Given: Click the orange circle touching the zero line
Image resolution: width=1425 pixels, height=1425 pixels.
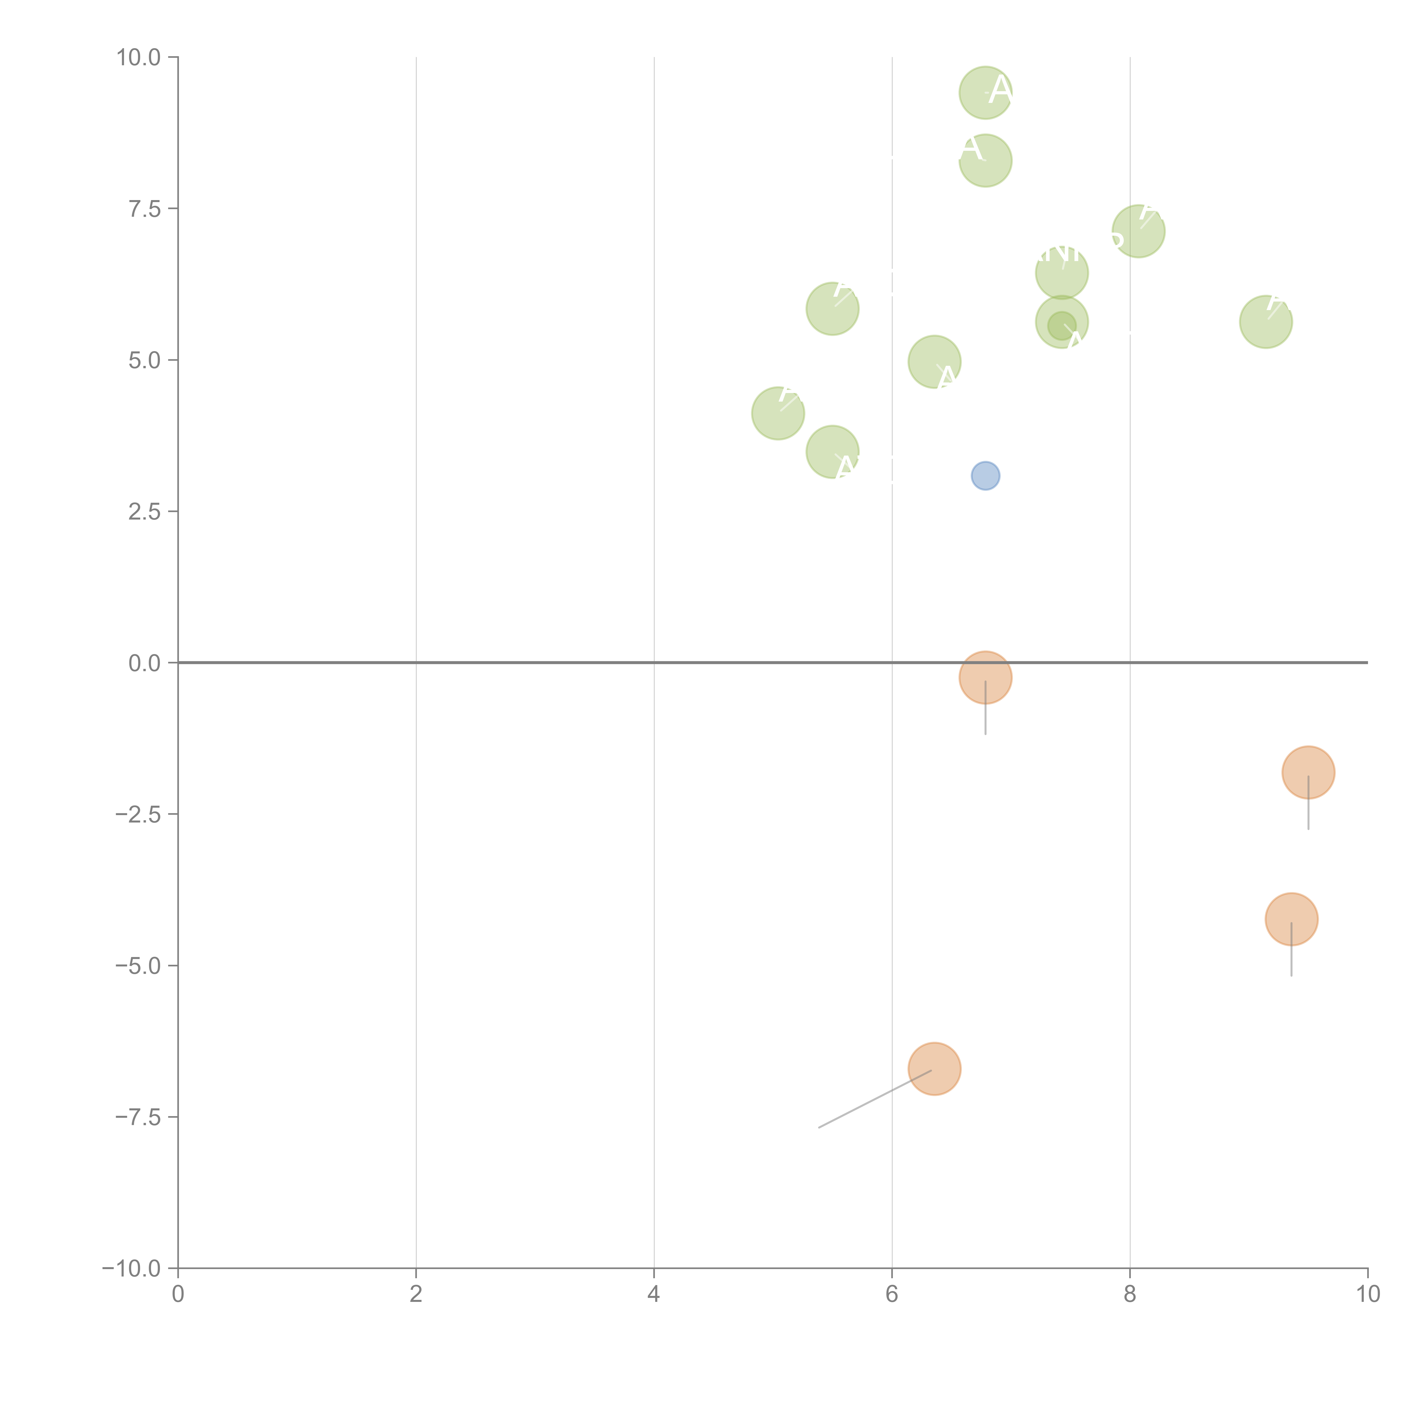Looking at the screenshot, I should pos(986,677).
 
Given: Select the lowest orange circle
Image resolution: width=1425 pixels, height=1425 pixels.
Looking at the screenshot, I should pos(935,1069).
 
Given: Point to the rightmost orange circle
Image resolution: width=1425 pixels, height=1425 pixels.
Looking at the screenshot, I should pos(1308,772).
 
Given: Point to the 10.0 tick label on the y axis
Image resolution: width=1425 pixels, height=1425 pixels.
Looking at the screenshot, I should pos(139,58).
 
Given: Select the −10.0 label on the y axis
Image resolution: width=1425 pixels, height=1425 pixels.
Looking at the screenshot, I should pos(133,1269).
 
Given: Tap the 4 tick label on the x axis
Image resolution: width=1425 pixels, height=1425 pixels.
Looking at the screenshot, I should pos(654,1294).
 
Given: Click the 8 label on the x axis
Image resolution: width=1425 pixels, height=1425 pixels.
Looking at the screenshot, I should pos(1130,1294).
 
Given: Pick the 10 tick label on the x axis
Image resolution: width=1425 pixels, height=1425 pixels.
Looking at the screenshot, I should pos(1368,1294).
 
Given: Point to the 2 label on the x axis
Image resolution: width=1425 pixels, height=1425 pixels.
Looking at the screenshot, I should pos(416,1294).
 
